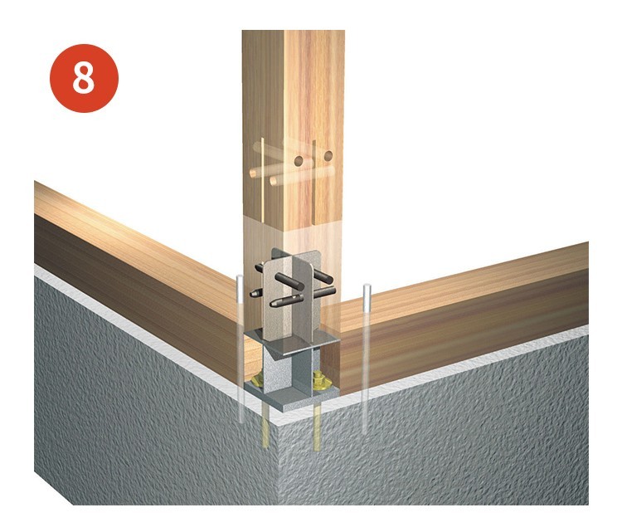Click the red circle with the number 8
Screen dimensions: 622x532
[84, 78]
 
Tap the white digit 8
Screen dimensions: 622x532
[84, 78]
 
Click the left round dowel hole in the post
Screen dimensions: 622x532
[299, 161]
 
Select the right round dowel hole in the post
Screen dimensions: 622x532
[328, 156]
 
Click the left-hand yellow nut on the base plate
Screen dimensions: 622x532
[259, 380]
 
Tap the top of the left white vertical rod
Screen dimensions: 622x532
[239, 277]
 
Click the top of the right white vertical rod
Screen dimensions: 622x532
[367, 286]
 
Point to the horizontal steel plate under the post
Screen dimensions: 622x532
[292, 341]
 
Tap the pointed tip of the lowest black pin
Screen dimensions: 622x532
[271, 304]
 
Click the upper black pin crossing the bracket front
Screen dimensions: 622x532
[289, 282]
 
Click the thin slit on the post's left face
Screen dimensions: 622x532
[262, 178]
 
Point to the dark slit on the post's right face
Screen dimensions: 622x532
[313, 182]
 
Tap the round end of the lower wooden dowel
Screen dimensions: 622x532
[274, 182]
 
